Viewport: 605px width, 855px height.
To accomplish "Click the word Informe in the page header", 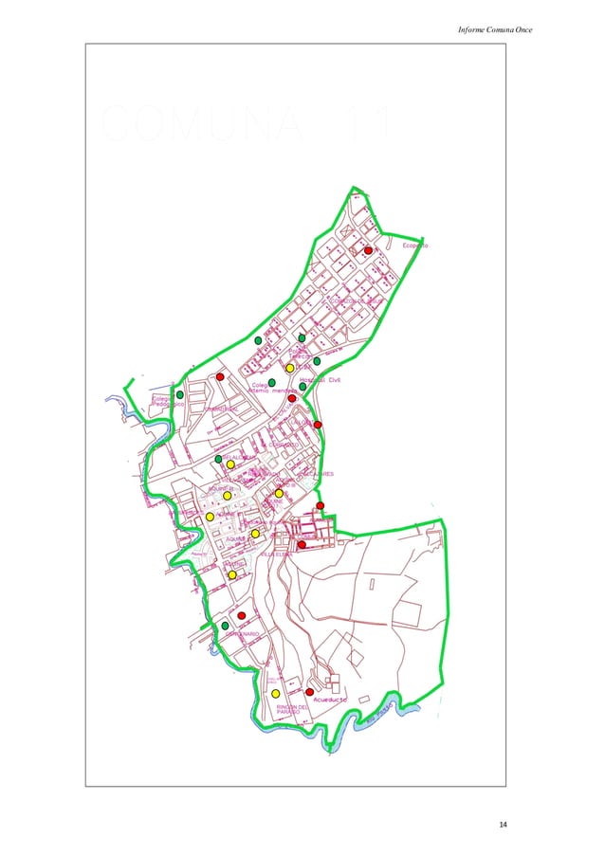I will [471, 31].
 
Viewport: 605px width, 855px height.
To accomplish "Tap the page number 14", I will [503, 824].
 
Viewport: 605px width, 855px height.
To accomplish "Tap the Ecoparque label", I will [415, 246].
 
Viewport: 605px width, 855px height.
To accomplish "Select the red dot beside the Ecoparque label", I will [368, 250].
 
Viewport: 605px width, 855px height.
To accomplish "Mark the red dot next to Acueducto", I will [309, 692].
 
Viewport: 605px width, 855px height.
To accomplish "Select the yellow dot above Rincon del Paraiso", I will [275, 694].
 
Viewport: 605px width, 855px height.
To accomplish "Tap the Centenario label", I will [243, 633].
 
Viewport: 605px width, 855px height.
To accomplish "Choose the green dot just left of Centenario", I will [225, 626].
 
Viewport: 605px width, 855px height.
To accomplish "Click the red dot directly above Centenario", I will [242, 615].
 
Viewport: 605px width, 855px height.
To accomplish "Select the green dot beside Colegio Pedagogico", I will [179, 394].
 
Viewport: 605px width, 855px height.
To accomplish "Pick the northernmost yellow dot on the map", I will [289, 368].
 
